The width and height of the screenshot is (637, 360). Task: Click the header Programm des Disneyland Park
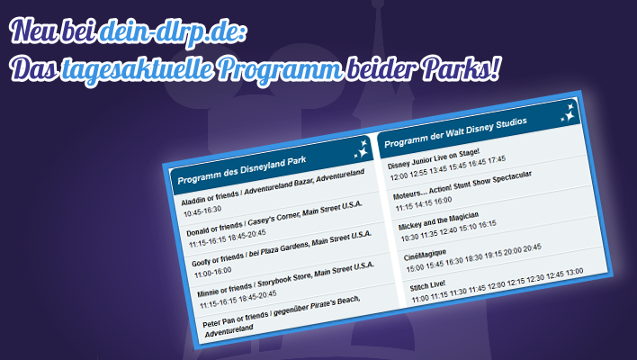[x=242, y=170]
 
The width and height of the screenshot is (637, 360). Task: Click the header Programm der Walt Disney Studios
[x=455, y=133]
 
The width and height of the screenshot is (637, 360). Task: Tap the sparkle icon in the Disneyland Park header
[x=361, y=149]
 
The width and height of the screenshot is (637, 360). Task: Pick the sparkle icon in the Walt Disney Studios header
[x=568, y=113]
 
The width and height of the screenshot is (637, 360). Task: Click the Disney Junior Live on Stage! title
[x=434, y=159]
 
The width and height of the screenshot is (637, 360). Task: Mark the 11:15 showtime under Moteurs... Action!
[x=404, y=207]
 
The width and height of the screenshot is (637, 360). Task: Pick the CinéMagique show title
[x=425, y=256]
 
